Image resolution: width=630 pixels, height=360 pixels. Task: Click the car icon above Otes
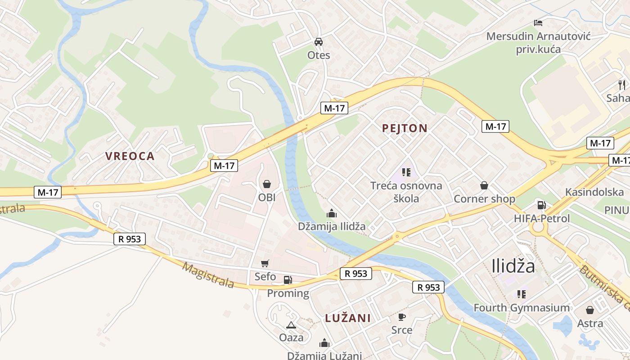[319, 42]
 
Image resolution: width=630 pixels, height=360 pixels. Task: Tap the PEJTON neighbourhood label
[405, 128]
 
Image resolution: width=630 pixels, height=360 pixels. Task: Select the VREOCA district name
[130, 156]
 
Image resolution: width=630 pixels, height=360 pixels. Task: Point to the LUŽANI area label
[348, 318]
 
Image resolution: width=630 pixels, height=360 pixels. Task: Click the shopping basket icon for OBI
[267, 184]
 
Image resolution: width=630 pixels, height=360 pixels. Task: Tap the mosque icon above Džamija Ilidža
[332, 213]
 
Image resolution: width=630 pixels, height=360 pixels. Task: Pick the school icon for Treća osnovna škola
[406, 172]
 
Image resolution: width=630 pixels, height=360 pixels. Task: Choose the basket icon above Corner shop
[484, 185]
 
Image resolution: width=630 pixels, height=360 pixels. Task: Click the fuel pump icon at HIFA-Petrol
[541, 205]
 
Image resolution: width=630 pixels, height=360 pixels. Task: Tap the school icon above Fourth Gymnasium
[522, 294]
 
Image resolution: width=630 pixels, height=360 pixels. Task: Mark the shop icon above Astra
[590, 310]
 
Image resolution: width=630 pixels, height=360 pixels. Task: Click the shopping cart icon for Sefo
[265, 263]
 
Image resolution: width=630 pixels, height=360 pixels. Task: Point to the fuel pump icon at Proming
[288, 280]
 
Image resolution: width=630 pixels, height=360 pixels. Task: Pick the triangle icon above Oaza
[291, 325]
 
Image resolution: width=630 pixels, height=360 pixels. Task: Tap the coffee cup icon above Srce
[402, 317]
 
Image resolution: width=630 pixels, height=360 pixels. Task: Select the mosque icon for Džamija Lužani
[324, 343]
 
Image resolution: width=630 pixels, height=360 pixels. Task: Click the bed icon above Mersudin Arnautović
[538, 22]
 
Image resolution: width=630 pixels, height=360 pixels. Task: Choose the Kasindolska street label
[594, 192]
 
